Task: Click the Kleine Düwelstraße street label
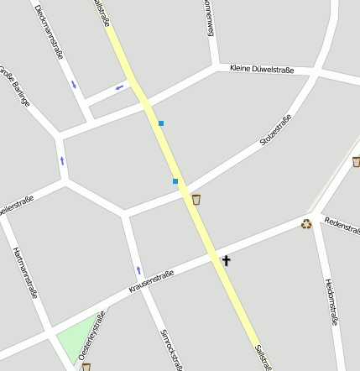[x=261, y=70]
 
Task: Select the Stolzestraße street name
[x=275, y=133]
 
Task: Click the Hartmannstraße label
[x=25, y=272]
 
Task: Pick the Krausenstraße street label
[x=151, y=282]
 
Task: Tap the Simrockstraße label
[x=171, y=348]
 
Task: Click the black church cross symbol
[x=226, y=260]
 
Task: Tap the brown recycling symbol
[x=306, y=223]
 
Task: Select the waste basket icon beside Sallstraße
[x=196, y=199]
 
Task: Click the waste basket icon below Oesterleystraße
[x=86, y=367]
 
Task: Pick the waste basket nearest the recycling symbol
[x=356, y=161]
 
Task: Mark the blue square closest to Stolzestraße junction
[x=175, y=181]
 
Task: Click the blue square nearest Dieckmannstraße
[x=160, y=123]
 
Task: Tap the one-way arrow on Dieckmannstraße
[x=74, y=84]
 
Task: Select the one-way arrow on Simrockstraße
[x=139, y=270]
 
